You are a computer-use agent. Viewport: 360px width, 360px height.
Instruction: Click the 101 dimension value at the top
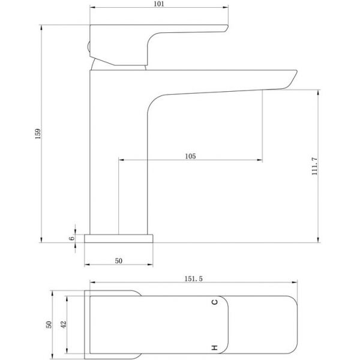[x=159, y=4]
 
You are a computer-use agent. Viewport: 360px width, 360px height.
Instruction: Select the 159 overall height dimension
[x=38, y=134]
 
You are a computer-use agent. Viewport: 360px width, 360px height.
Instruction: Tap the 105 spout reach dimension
[x=190, y=156]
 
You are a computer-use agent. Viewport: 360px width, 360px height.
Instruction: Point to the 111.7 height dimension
[x=314, y=166]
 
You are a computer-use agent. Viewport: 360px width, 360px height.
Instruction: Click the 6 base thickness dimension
[x=72, y=238]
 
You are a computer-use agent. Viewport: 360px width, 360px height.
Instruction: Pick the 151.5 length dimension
[x=194, y=279]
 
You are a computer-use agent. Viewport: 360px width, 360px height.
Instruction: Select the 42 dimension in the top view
[x=64, y=324]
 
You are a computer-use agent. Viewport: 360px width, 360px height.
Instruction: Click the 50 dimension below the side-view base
[x=118, y=261]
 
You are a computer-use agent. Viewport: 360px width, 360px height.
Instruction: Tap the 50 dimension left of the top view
[x=49, y=325]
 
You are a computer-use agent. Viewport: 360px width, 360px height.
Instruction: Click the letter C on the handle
[x=214, y=302]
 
